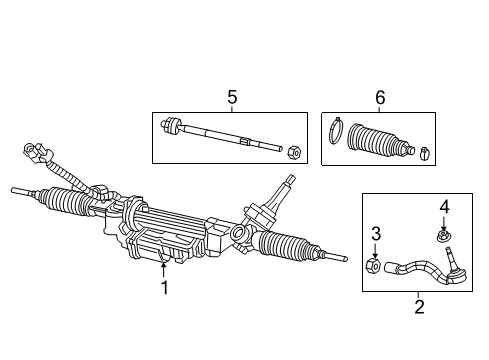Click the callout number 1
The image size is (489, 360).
164,287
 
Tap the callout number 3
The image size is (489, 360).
375,234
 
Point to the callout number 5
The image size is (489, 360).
232,98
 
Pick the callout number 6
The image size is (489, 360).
379,98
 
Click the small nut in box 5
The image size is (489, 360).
294,152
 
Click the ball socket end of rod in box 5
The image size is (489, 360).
171,127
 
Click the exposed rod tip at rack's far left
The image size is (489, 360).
15,188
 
